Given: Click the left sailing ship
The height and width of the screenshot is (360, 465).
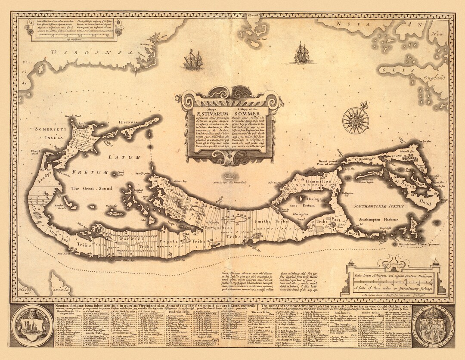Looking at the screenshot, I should point(193,60).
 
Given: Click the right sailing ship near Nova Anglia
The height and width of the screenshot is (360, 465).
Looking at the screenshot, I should point(303,53).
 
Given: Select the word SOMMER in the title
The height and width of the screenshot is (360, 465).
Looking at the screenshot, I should point(248,113).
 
